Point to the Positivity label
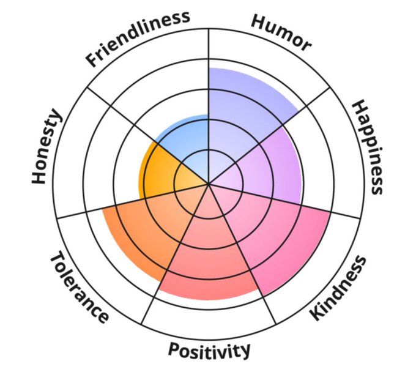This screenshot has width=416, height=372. pos(209,350)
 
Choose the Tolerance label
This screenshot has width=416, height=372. pos(79,288)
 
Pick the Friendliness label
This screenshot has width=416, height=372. pos(137,38)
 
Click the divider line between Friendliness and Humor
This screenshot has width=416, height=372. pos(209,73)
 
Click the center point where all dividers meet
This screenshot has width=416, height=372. pos(209,184)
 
